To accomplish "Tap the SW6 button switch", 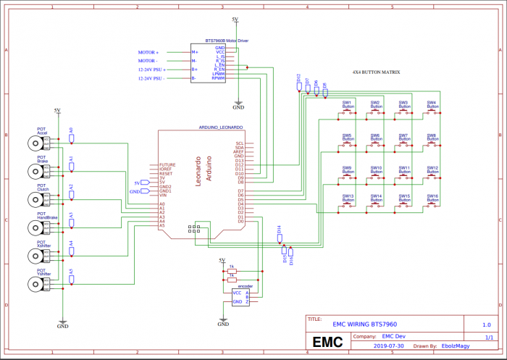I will point(375,145).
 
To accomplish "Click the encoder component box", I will point(240,297).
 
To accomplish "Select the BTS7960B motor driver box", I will point(208,63).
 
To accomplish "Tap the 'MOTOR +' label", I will point(148,53).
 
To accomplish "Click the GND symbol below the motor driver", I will point(238,106).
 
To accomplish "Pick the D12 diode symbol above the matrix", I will point(299,85).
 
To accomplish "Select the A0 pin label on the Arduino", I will point(162,204).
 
